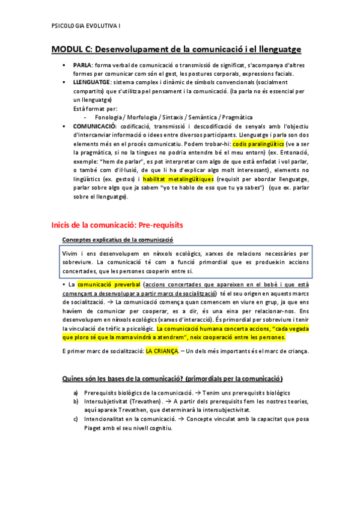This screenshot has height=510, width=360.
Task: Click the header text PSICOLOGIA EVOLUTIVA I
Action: tap(87, 26)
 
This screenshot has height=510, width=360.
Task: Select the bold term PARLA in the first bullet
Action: tap(82, 66)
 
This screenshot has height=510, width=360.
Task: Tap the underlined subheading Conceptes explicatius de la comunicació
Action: tap(114, 240)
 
